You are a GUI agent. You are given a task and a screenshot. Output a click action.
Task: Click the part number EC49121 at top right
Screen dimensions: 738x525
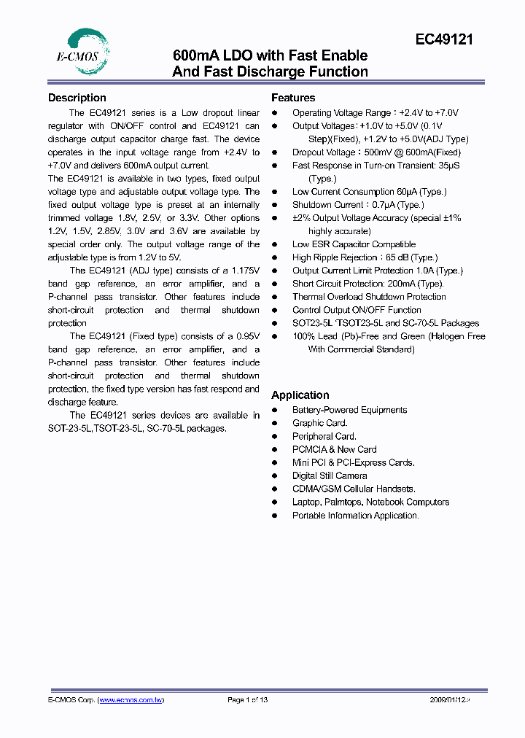click(x=445, y=40)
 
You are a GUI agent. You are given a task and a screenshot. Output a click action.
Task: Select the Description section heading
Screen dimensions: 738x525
click(x=77, y=98)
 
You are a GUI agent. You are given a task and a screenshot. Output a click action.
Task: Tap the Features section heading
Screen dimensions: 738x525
click(x=293, y=98)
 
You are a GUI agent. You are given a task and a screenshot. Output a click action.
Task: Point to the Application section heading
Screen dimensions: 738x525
click(x=300, y=395)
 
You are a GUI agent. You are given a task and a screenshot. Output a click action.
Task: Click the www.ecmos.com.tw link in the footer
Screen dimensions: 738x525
click(x=131, y=700)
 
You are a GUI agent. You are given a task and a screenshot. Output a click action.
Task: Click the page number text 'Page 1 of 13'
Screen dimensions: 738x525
click(x=248, y=700)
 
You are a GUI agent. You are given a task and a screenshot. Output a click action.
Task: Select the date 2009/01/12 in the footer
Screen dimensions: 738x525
click(x=450, y=700)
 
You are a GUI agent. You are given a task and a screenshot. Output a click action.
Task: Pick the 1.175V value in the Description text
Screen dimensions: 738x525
click(x=244, y=271)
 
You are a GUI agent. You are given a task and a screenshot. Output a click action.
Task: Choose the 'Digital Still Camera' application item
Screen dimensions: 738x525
click(x=330, y=475)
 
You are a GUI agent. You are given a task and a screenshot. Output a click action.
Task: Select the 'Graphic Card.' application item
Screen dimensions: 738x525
click(x=319, y=423)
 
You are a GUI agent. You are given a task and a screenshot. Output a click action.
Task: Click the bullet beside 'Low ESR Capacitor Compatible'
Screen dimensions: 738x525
click(x=275, y=244)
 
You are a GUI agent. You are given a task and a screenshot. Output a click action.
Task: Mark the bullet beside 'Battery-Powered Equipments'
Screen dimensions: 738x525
click(x=275, y=410)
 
